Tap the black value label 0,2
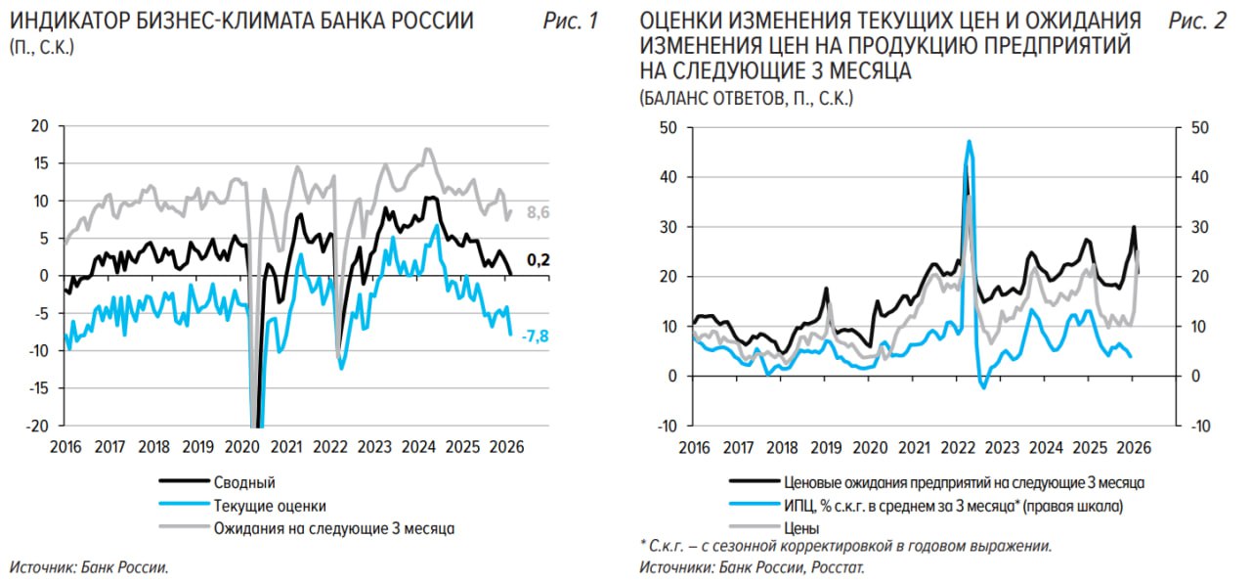[539, 260]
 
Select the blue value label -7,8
[537, 336]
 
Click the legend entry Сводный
[244, 482]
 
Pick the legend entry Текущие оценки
[270, 506]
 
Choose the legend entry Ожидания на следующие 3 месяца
[334, 528]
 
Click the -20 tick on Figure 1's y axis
[38, 426]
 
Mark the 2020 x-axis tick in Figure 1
[240, 447]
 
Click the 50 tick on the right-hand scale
[1198, 127]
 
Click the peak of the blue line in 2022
[969, 142]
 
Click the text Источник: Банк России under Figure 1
[89, 566]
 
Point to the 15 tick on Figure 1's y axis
[40, 163]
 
